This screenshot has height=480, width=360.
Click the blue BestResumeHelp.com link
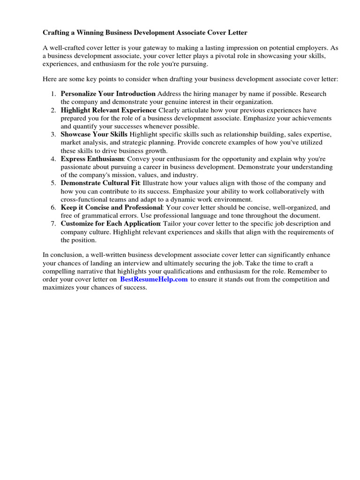(x=154, y=279)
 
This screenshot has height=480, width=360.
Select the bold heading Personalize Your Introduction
(x=108, y=94)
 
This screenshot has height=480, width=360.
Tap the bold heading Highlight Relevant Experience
(x=108, y=110)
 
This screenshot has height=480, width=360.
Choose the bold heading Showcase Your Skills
(x=94, y=135)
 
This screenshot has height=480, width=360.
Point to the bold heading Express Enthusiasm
(x=92, y=159)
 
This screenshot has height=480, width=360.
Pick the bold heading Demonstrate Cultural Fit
(x=100, y=183)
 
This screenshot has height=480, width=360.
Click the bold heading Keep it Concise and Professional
(x=111, y=208)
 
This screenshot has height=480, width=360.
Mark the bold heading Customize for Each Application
(x=111, y=224)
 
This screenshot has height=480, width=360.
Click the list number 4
(x=53, y=159)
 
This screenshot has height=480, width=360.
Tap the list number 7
(x=53, y=224)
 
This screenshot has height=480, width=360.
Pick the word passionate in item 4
(x=76, y=167)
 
